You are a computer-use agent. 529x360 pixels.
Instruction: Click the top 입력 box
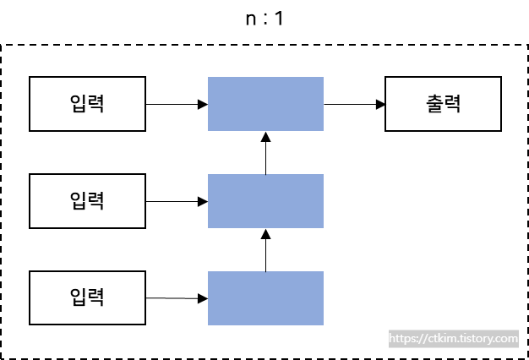pos(87,104)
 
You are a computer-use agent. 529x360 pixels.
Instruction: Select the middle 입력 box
pos(87,201)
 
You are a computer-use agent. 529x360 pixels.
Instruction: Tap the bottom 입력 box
pos(87,297)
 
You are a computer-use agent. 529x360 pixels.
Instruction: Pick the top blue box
pos(265,104)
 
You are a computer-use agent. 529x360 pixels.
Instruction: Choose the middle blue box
pos(265,201)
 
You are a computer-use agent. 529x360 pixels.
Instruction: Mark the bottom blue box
pos(265,297)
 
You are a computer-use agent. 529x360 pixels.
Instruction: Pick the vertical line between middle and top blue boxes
pos(265,157)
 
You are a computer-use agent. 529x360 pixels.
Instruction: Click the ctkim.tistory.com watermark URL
pos(454,339)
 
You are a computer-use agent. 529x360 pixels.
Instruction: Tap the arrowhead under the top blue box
pos(265,136)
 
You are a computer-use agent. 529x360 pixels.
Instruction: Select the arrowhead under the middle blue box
pos(265,233)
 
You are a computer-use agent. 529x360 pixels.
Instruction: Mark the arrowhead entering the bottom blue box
pos(203,298)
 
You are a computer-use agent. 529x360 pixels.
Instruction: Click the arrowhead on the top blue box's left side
pos(203,104)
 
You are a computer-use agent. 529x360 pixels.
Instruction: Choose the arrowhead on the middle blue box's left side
pos(203,201)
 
